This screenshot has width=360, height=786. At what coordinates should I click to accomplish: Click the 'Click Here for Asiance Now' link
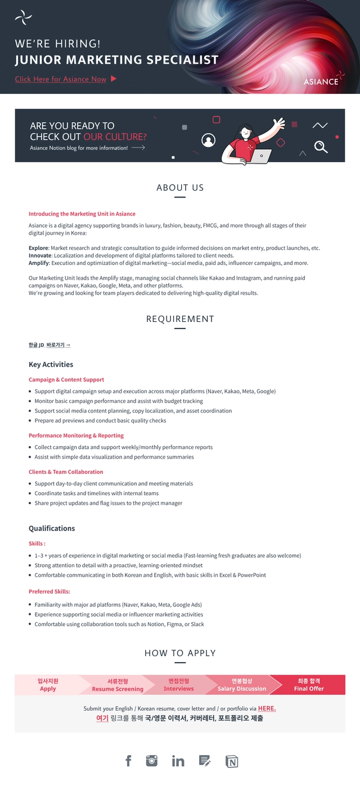61,79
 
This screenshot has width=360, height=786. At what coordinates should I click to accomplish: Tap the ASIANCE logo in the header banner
322,80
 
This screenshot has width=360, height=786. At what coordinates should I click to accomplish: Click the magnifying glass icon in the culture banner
321,147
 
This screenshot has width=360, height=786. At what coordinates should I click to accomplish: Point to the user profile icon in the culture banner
208,140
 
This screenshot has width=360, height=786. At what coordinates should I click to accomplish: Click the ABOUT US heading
180,188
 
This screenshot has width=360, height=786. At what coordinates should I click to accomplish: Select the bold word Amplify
38,263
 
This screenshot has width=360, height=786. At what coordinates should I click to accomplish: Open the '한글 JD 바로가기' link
49,345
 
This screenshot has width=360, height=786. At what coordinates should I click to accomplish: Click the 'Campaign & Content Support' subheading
66,380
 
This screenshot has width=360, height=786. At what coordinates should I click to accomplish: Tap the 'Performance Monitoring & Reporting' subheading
76,435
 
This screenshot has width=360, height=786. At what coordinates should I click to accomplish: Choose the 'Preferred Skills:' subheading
49,592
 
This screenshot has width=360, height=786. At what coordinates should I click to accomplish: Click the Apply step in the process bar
48,685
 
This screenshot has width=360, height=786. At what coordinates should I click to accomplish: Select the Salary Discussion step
242,685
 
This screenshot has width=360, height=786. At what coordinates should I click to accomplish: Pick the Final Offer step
309,685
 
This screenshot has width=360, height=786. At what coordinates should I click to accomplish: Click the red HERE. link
267,708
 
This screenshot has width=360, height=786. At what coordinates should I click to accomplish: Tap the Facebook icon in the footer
128,761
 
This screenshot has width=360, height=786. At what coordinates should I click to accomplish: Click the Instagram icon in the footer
152,761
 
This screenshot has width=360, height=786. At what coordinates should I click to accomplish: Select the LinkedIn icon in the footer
178,761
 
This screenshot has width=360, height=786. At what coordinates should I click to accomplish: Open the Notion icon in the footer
232,761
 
